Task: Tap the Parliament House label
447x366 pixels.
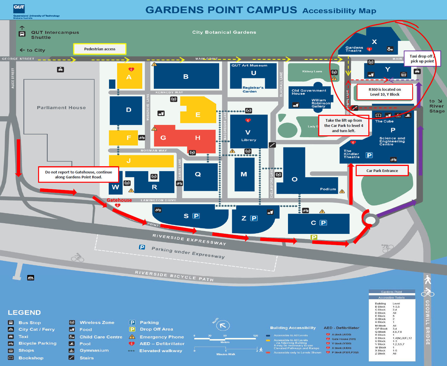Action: coord(61,108)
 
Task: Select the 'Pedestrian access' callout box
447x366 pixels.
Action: coord(100,49)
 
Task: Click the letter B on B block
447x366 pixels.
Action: coord(186,77)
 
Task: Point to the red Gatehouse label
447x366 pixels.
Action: coord(119,200)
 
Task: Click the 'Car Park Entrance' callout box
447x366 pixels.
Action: coord(382,171)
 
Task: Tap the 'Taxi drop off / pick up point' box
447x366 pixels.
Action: coord(422,59)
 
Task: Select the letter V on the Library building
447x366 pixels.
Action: coord(248,132)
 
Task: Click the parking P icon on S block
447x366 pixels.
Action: coord(196,216)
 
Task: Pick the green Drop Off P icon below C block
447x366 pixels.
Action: coord(314,237)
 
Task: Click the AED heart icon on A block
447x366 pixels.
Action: coord(131,69)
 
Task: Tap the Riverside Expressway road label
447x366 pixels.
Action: coord(189,239)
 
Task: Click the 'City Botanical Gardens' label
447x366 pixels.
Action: coord(224,32)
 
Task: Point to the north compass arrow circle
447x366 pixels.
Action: coord(223,326)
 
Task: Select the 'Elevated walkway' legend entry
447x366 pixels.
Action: coord(160,351)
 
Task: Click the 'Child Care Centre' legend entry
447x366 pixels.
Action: coord(101,337)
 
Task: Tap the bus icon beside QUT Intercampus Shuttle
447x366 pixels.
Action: coord(22,34)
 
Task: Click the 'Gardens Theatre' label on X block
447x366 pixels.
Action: coord(354,49)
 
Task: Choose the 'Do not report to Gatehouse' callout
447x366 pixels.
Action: coord(79,175)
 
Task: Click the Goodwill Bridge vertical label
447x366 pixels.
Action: coord(427,322)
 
